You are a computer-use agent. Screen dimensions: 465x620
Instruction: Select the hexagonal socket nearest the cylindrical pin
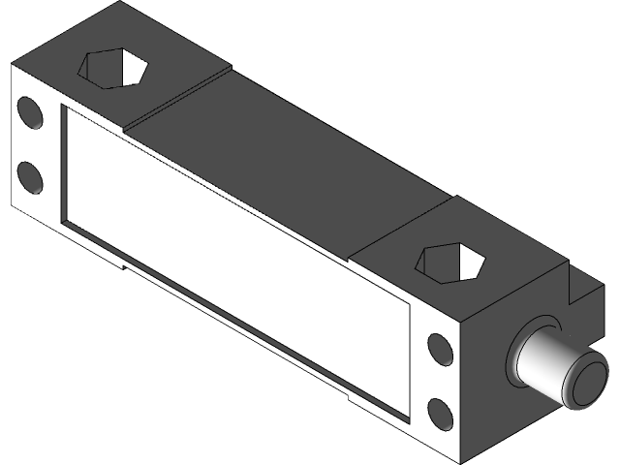449,264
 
